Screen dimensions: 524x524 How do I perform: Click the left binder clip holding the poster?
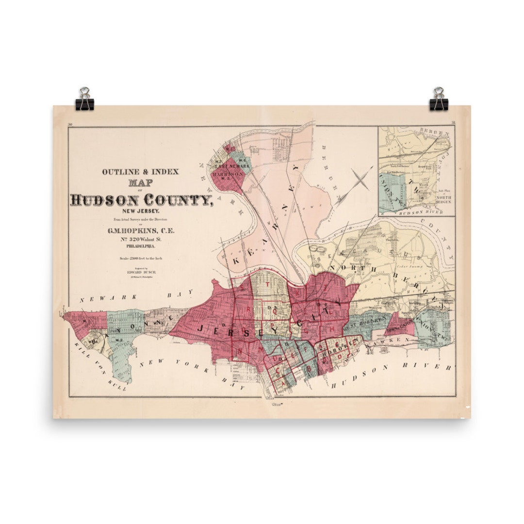coord(85,99)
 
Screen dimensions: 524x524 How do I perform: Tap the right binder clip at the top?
coord(439,99)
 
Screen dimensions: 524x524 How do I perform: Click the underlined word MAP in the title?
coord(140,183)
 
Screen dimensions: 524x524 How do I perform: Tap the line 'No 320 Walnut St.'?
coord(140,238)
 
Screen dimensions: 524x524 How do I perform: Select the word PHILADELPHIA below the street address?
coord(140,246)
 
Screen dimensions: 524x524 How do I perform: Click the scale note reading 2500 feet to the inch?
coord(140,258)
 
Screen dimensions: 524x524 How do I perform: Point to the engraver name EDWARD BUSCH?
coord(140,273)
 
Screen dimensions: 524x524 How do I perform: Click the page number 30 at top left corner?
coord(70,125)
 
